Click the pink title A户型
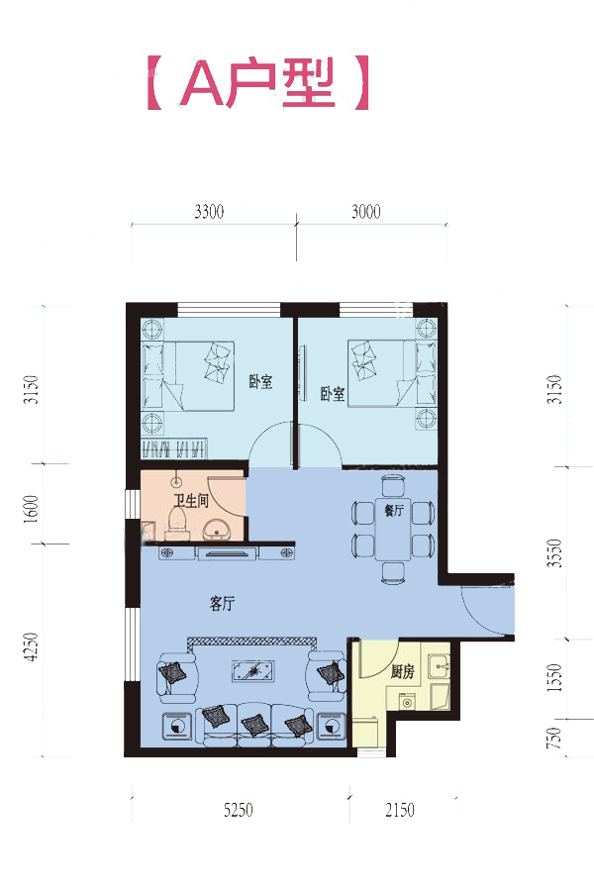[258, 82]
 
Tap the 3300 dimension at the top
[209, 212]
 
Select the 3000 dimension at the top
[365, 212]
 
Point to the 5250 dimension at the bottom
[239, 810]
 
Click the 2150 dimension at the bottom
[400, 810]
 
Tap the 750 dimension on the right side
[553, 738]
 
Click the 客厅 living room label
[222, 604]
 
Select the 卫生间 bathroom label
[191, 501]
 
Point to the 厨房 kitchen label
[403, 672]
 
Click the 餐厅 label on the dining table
[394, 510]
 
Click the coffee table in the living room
[254, 670]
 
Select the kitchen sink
[439, 667]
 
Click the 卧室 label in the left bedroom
[261, 381]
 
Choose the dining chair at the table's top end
[393, 486]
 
